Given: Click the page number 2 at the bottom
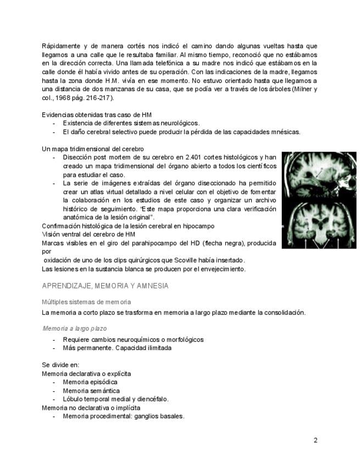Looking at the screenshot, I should (315, 440).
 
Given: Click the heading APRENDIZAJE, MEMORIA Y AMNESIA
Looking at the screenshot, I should (105, 286).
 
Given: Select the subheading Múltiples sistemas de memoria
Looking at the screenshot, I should (86, 302).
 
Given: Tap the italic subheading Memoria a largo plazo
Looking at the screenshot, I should (75, 328).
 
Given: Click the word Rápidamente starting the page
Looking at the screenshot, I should (60, 46).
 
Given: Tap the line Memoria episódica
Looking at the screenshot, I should (90, 382).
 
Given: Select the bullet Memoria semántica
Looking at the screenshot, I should (91, 390).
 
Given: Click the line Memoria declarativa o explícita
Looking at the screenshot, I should (86, 373).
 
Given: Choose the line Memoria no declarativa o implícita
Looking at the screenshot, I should (91, 408).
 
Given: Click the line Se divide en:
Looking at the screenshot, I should (60, 364).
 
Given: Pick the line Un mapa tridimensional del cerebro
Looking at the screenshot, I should (92, 149).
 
